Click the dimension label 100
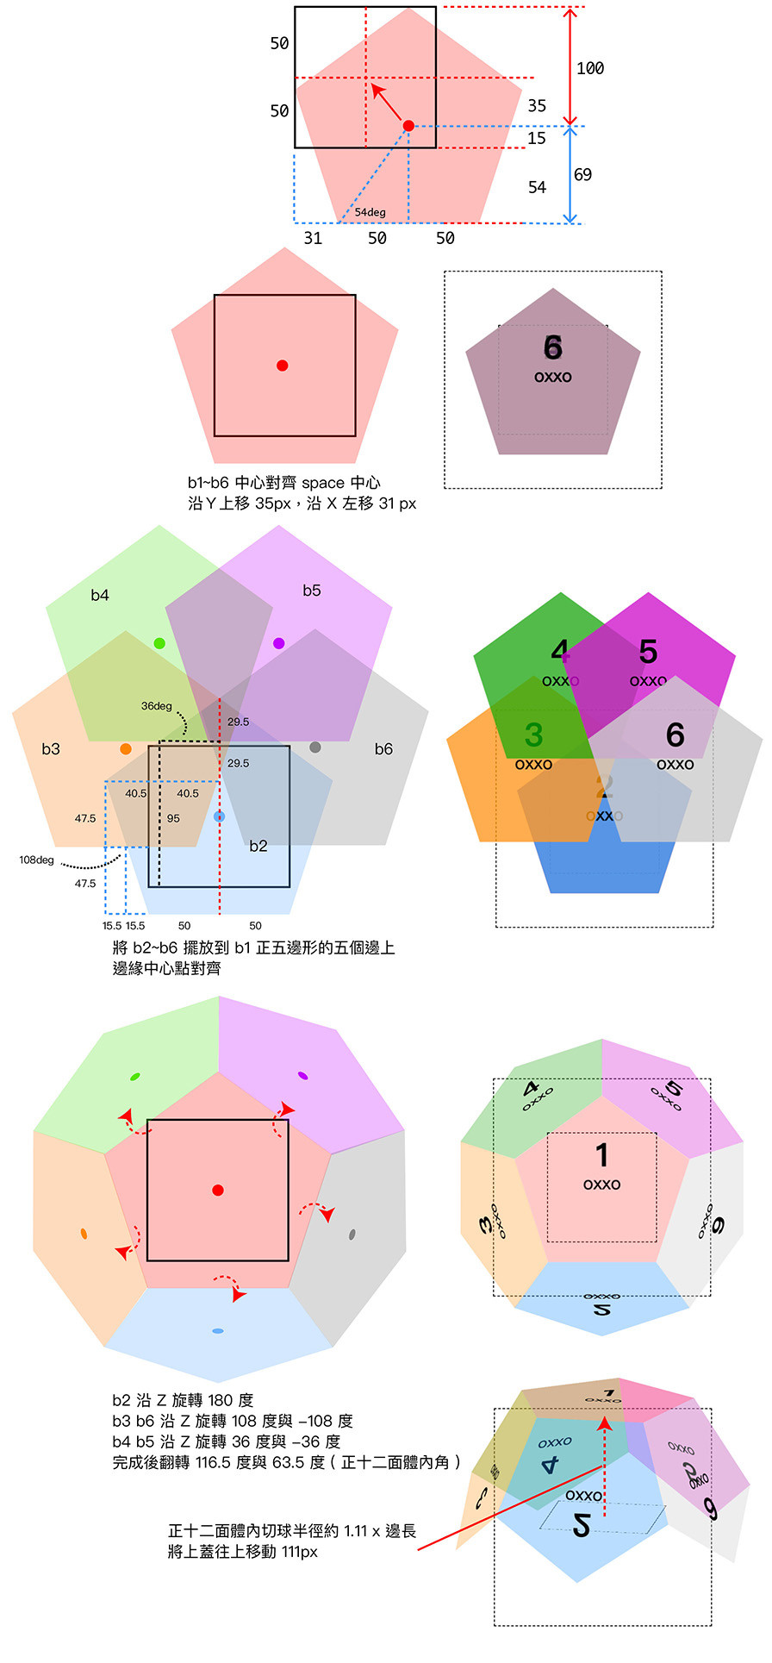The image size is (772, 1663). click(590, 68)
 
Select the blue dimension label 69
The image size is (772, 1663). click(583, 175)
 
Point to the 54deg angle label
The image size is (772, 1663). click(370, 212)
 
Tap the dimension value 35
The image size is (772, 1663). click(537, 105)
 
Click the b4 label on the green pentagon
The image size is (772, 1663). click(100, 595)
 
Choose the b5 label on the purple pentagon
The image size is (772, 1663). click(312, 591)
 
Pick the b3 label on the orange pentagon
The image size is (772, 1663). click(51, 748)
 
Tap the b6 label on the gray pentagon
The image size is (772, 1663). click(383, 748)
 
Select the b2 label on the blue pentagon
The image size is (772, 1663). click(258, 846)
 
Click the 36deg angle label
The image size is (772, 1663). click(156, 706)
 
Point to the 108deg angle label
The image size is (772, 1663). click(36, 860)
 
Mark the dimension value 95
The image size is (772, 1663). click(173, 818)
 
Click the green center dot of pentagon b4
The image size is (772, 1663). click(159, 643)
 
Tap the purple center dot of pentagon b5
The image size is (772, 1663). click(278, 643)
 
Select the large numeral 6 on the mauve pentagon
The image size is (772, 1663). click(553, 347)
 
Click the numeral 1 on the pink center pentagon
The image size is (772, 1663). click(602, 1154)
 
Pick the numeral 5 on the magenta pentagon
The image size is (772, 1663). click(648, 652)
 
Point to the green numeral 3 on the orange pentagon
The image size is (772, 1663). click(533, 735)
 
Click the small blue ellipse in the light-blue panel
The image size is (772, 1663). click(218, 1331)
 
